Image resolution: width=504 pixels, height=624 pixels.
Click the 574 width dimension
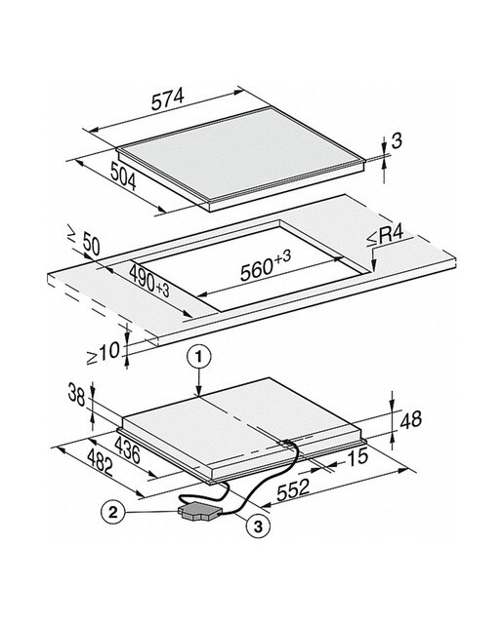click(167, 99)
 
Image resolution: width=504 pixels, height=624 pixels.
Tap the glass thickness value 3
click(397, 140)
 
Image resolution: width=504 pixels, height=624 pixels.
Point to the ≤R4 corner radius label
click(385, 237)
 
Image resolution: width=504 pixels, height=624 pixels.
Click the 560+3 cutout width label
click(266, 265)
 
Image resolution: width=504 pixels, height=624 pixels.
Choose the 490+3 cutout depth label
click(149, 281)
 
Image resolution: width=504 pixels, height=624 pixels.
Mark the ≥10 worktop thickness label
click(104, 353)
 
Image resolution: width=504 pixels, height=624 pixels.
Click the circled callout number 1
click(199, 358)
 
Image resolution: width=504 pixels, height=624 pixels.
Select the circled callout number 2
click(113, 512)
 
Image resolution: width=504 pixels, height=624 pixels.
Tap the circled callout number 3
click(258, 526)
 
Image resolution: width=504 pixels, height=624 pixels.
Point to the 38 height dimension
click(76, 394)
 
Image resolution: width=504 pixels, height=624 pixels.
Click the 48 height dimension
click(410, 420)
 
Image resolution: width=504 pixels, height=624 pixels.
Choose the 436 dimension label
click(127, 449)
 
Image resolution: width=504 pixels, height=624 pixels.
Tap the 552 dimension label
click(293, 489)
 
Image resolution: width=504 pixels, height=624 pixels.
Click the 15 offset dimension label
click(357, 456)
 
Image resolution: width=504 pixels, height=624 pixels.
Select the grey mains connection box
click(200, 511)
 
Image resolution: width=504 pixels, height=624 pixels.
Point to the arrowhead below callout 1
click(199, 392)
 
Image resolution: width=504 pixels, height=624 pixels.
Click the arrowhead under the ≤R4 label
click(373, 266)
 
